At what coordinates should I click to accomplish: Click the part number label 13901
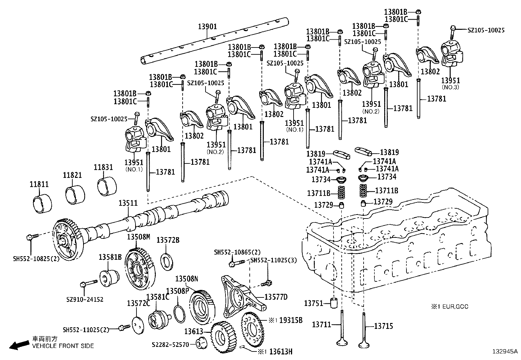point(207,27)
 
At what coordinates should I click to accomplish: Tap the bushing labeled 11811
point(43,203)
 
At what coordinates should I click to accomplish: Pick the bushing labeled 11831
point(108,185)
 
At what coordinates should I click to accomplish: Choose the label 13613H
point(280,351)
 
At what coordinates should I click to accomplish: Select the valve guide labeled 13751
point(333,303)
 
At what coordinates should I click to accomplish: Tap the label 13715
point(384,326)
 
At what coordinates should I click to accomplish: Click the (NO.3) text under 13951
point(450,87)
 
